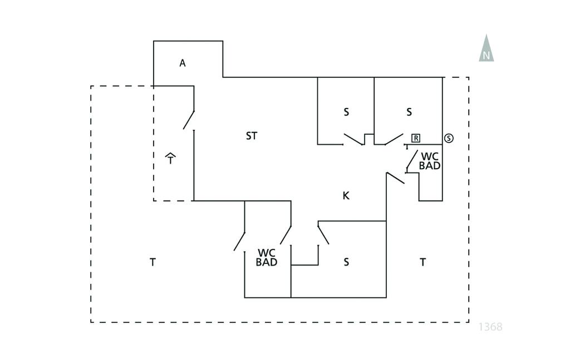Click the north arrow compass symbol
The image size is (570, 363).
[487, 48]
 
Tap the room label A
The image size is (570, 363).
[182, 63]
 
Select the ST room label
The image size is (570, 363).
[252, 136]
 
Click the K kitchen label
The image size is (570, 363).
[346, 195]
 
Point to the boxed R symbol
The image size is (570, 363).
[416, 138]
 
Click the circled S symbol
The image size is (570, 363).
[449, 138]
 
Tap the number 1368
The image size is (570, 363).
[490, 327]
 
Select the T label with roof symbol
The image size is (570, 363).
[171, 159]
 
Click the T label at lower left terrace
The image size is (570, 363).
[153, 262]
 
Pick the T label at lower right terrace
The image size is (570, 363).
[422, 262]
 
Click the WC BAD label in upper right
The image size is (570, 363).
[430, 161]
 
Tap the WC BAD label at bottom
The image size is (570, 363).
[267, 257]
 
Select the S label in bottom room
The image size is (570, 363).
[346, 262]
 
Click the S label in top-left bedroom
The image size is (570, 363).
[346, 112]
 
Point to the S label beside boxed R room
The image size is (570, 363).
[409, 112]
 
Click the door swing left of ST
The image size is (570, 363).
[189, 120]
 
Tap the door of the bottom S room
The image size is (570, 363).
[323, 233]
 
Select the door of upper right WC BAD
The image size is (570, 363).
[411, 160]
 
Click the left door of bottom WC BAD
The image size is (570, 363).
[240, 240]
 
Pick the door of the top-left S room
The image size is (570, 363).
[353, 139]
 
